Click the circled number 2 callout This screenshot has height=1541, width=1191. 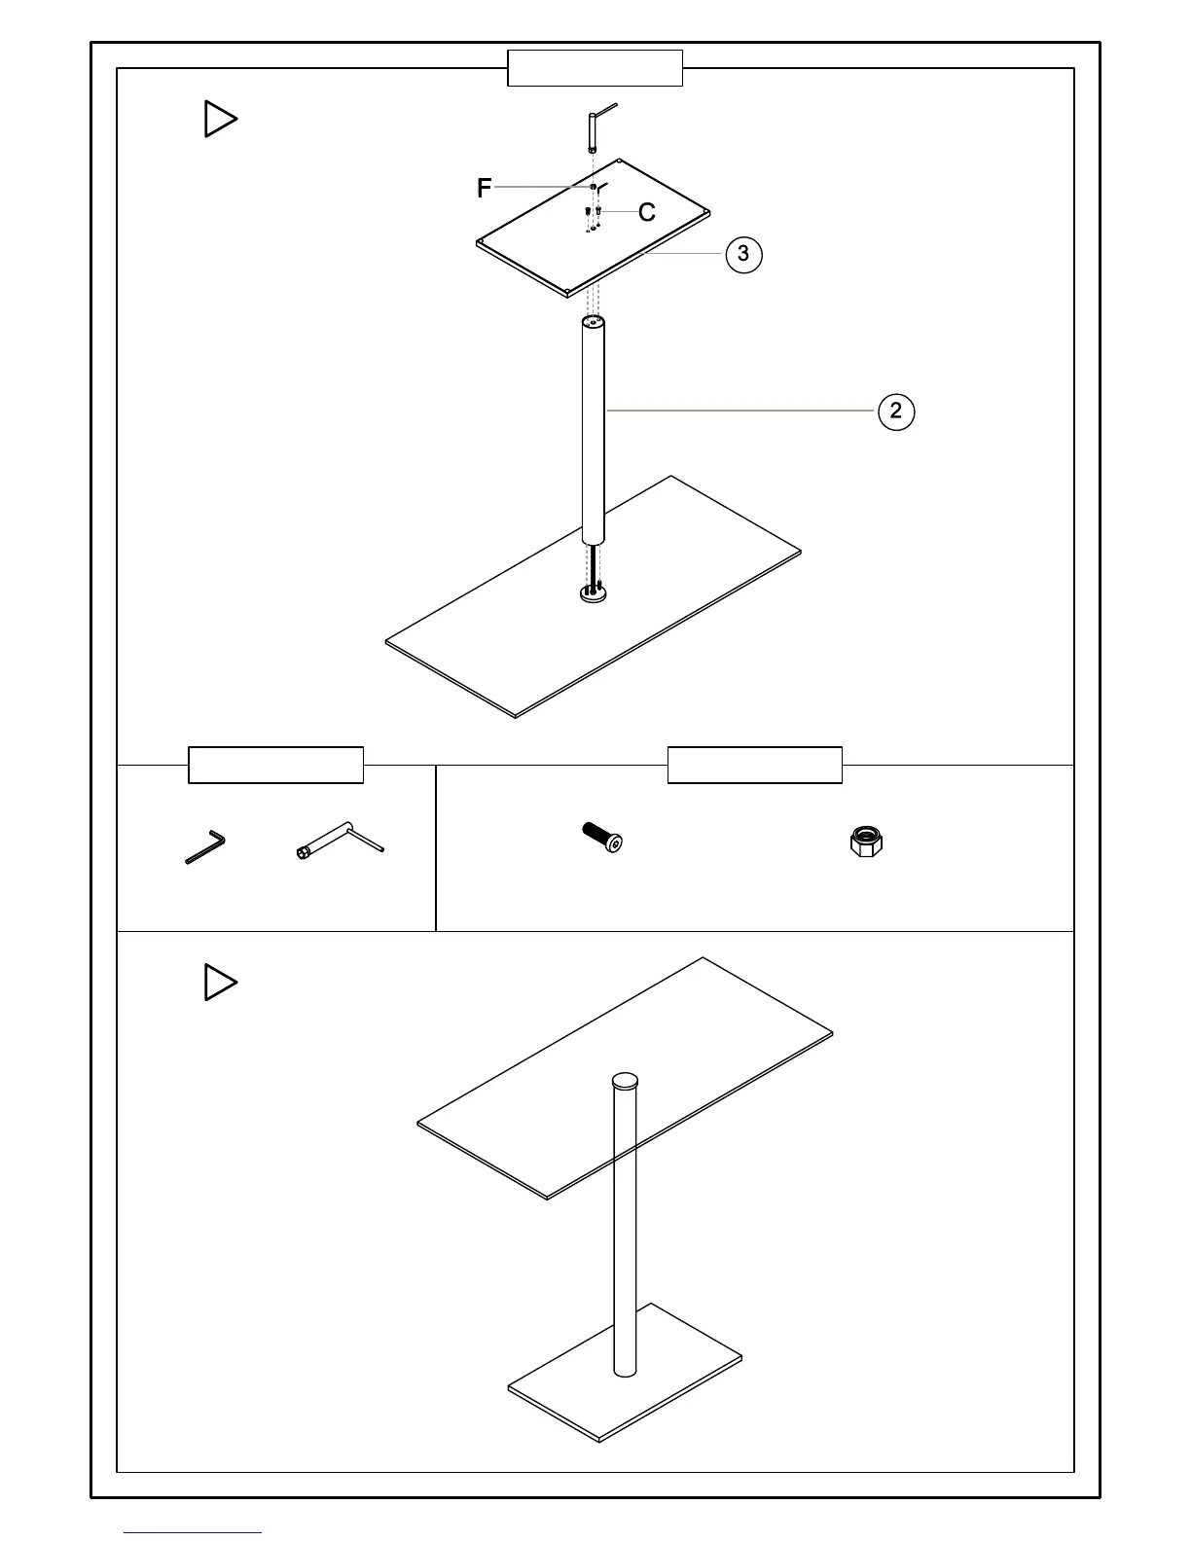tap(896, 412)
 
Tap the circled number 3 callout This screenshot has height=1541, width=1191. tap(743, 254)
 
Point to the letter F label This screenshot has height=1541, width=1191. tap(484, 189)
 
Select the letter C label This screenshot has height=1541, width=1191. tap(647, 212)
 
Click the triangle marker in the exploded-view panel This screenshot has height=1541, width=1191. tap(220, 120)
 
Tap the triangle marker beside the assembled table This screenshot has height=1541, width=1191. tap(220, 983)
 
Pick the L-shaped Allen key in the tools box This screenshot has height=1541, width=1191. tap(206, 845)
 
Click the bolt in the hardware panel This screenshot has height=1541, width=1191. tap(602, 837)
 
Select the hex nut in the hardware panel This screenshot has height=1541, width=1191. tap(866, 841)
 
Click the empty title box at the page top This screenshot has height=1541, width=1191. tap(595, 68)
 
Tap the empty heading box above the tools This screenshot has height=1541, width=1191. tap(275, 765)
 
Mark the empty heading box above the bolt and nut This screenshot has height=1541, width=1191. tap(754, 765)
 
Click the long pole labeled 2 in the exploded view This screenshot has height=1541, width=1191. tap(593, 428)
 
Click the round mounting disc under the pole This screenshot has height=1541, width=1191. tap(593, 593)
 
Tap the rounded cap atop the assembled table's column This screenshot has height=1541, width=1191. tap(625, 1081)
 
